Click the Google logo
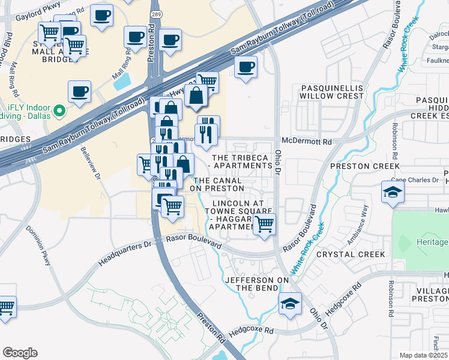(20, 353)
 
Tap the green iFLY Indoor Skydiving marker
(59, 111)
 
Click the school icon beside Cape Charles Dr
(393, 192)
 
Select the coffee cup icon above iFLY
(79, 92)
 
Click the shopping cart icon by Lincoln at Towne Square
(264, 224)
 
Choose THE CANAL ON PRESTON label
(217, 184)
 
